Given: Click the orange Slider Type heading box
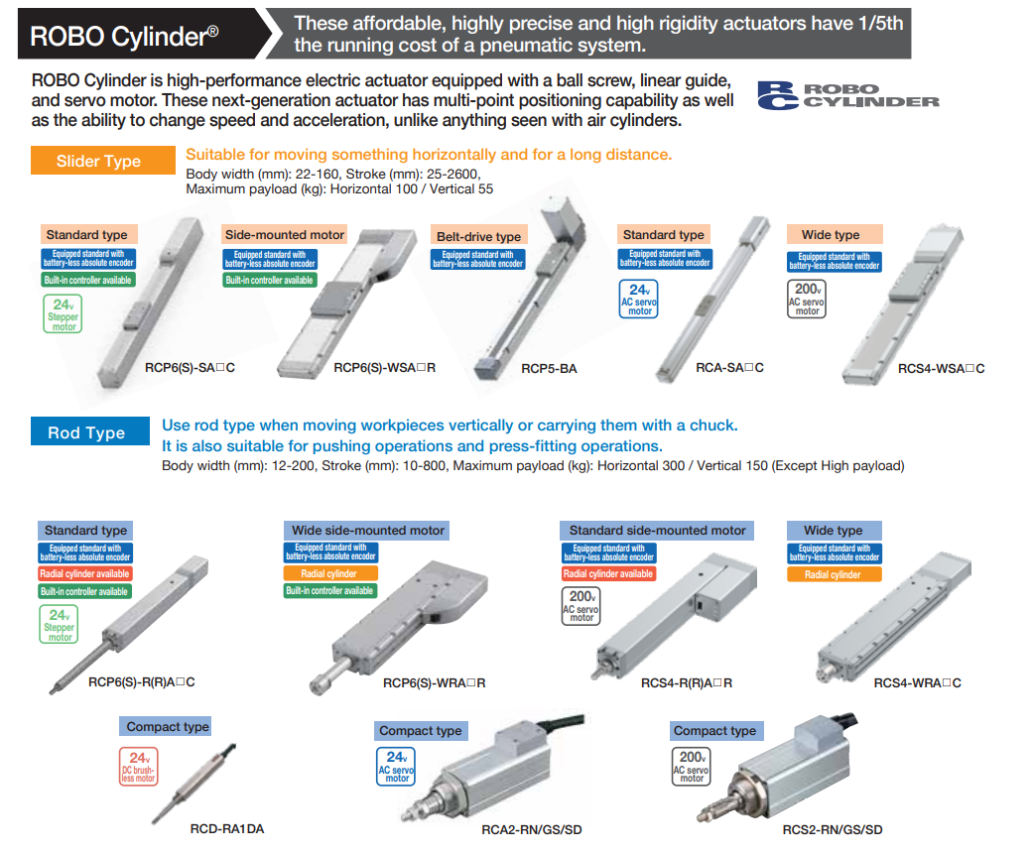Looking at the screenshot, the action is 102,161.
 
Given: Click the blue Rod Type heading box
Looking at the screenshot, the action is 90,432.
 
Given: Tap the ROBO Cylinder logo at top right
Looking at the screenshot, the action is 848,95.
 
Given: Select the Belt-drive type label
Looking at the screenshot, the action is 478,237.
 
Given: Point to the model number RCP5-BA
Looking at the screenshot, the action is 549,369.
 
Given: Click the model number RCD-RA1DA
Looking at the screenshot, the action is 227,829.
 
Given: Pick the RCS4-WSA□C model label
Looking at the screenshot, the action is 941,369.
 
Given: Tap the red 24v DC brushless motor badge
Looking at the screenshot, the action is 139,766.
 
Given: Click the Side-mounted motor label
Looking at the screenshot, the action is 285,235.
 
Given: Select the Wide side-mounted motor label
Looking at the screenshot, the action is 368,530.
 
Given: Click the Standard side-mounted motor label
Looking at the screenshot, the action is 657,530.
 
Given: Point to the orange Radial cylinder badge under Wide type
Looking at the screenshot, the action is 834,574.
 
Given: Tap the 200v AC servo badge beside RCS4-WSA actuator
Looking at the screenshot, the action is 807,299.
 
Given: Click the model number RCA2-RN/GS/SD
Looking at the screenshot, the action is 532,830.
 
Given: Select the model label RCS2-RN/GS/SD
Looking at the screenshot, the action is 833,830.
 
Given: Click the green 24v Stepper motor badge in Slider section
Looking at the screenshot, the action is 64,313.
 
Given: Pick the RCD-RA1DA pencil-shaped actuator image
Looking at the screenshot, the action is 193,784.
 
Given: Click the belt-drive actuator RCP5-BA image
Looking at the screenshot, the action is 529,290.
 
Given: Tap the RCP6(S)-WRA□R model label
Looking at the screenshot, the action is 435,683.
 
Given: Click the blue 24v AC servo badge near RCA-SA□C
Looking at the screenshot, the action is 639,299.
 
